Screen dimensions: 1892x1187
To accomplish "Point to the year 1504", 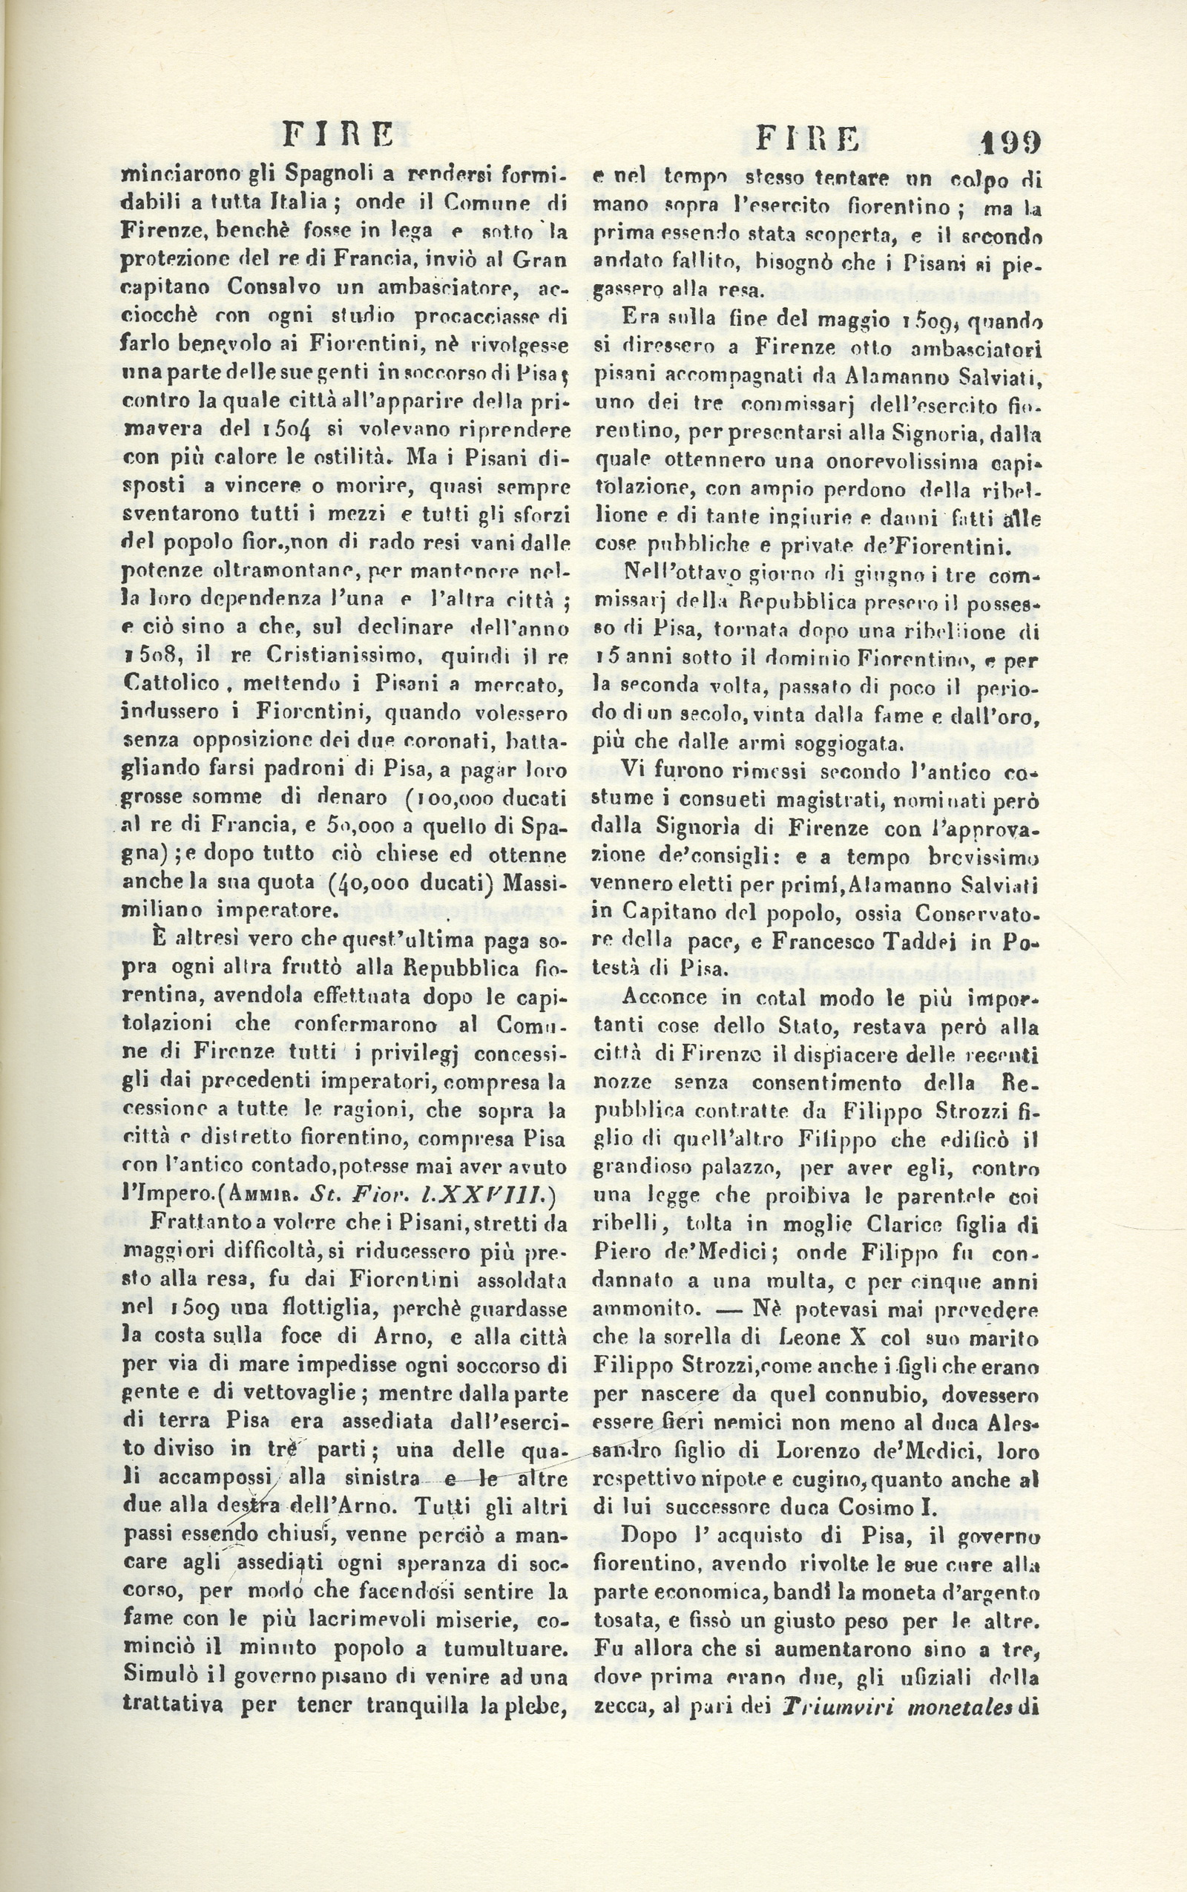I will tap(286, 430).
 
